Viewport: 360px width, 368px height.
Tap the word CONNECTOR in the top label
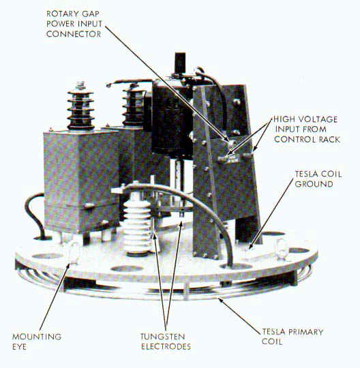(x=74, y=34)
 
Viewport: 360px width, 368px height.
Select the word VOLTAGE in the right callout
(x=318, y=119)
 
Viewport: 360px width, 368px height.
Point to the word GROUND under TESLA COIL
(x=314, y=184)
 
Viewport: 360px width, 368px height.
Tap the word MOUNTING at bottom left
(x=37, y=337)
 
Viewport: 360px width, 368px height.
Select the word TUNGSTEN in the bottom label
(x=163, y=337)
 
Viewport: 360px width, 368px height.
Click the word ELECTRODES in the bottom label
(x=166, y=347)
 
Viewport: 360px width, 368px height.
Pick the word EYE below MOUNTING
(x=20, y=347)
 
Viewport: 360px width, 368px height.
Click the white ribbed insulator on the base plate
(x=137, y=226)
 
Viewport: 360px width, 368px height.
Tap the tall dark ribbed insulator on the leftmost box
(x=80, y=107)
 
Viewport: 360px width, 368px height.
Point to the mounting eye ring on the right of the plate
(x=281, y=249)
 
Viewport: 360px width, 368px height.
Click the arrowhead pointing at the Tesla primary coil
(x=220, y=299)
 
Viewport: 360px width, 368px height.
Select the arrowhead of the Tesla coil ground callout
(x=250, y=247)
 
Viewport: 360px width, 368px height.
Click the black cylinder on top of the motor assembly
(x=180, y=63)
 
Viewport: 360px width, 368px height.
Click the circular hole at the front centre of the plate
(x=127, y=269)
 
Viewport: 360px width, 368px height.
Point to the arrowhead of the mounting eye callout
(x=68, y=265)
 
